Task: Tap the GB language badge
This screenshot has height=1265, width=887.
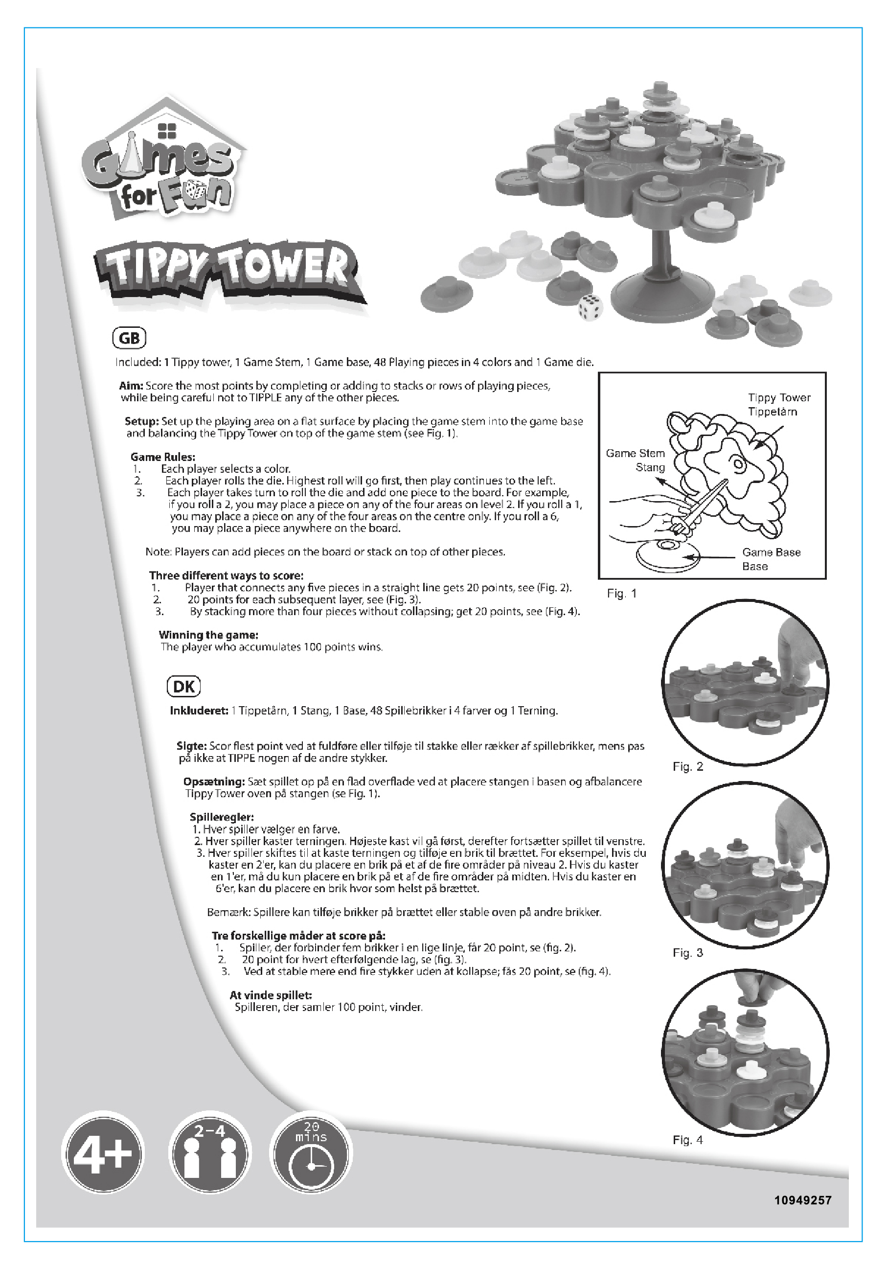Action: pyautogui.click(x=129, y=338)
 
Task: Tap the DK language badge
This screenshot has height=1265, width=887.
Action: pyautogui.click(x=183, y=687)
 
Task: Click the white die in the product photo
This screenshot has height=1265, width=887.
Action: pyautogui.click(x=590, y=306)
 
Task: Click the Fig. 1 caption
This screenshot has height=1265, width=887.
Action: pyautogui.click(x=621, y=594)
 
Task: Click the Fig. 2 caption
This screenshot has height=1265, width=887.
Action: pyautogui.click(x=687, y=766)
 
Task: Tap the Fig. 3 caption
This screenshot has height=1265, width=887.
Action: pyautogui.click(x=687, y=953)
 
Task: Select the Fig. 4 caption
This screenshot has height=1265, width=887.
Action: pyautogui.click(x=687, y=1140)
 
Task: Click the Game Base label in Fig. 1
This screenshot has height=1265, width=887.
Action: pyautogui.click(x=772, y=552)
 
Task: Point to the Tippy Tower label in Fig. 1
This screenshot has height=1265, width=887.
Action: pyautogui.click(x=779, y=398)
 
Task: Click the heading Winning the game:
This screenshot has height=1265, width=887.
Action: pyautogui.click(x=208, y=635)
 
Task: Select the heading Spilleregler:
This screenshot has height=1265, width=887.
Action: pyautogui.click(x=222, y=817)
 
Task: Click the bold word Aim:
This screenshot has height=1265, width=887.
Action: pyautogui.click(x=131, y=386)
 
